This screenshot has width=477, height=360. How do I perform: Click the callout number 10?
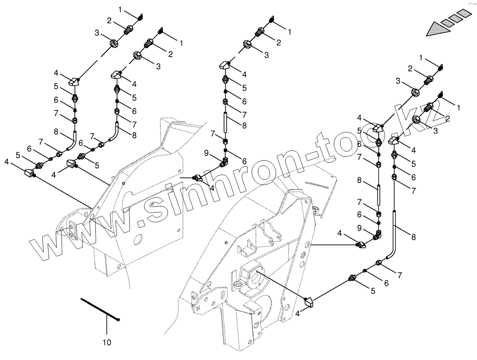coord(107,342)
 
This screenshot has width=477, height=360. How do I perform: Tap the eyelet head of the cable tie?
coord(118,320)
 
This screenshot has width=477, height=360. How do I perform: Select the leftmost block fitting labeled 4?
coord(29,174)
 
